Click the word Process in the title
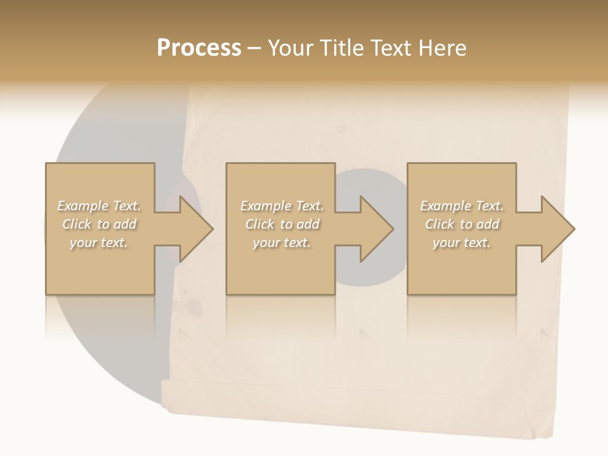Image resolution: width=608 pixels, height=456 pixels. [x=199, y=48]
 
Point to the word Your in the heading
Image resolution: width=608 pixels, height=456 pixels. [x=291, y=48]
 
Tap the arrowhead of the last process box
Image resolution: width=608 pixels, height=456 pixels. [x=557, y=229]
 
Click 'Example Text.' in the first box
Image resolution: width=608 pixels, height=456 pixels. [x=99, y=206]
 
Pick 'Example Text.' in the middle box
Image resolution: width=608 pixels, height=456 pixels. [x=282, y=206]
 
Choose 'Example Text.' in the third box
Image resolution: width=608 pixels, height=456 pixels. [x=462, y=206]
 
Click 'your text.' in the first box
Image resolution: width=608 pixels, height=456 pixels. [x=99, y=243]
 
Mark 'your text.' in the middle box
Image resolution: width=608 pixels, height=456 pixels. [x=281, y=243]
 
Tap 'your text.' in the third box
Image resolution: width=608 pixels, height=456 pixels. [x=461, y=243]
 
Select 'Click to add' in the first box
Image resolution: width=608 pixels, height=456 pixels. [x=99, y=224]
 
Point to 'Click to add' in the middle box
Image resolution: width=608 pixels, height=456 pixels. [x=282, y=224]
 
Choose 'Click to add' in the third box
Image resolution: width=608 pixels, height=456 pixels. [x=462, y=224]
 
